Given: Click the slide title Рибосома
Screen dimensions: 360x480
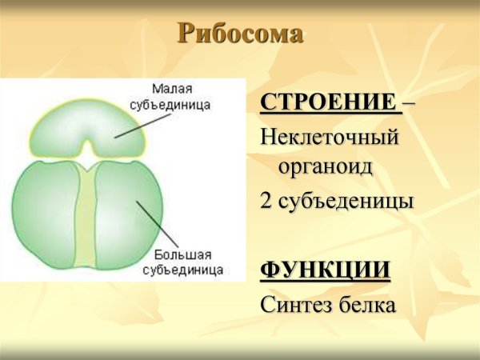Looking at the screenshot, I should click(x=240, y=34).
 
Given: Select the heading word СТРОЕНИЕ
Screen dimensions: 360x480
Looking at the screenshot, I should click(x=328, y=103).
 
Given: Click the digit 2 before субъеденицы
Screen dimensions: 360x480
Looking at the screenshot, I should click(x=267, y=201).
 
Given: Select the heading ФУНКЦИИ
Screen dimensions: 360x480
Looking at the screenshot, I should click(x=326, y=270).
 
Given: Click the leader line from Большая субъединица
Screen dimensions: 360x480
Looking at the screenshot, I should click(x=152, y=224).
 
